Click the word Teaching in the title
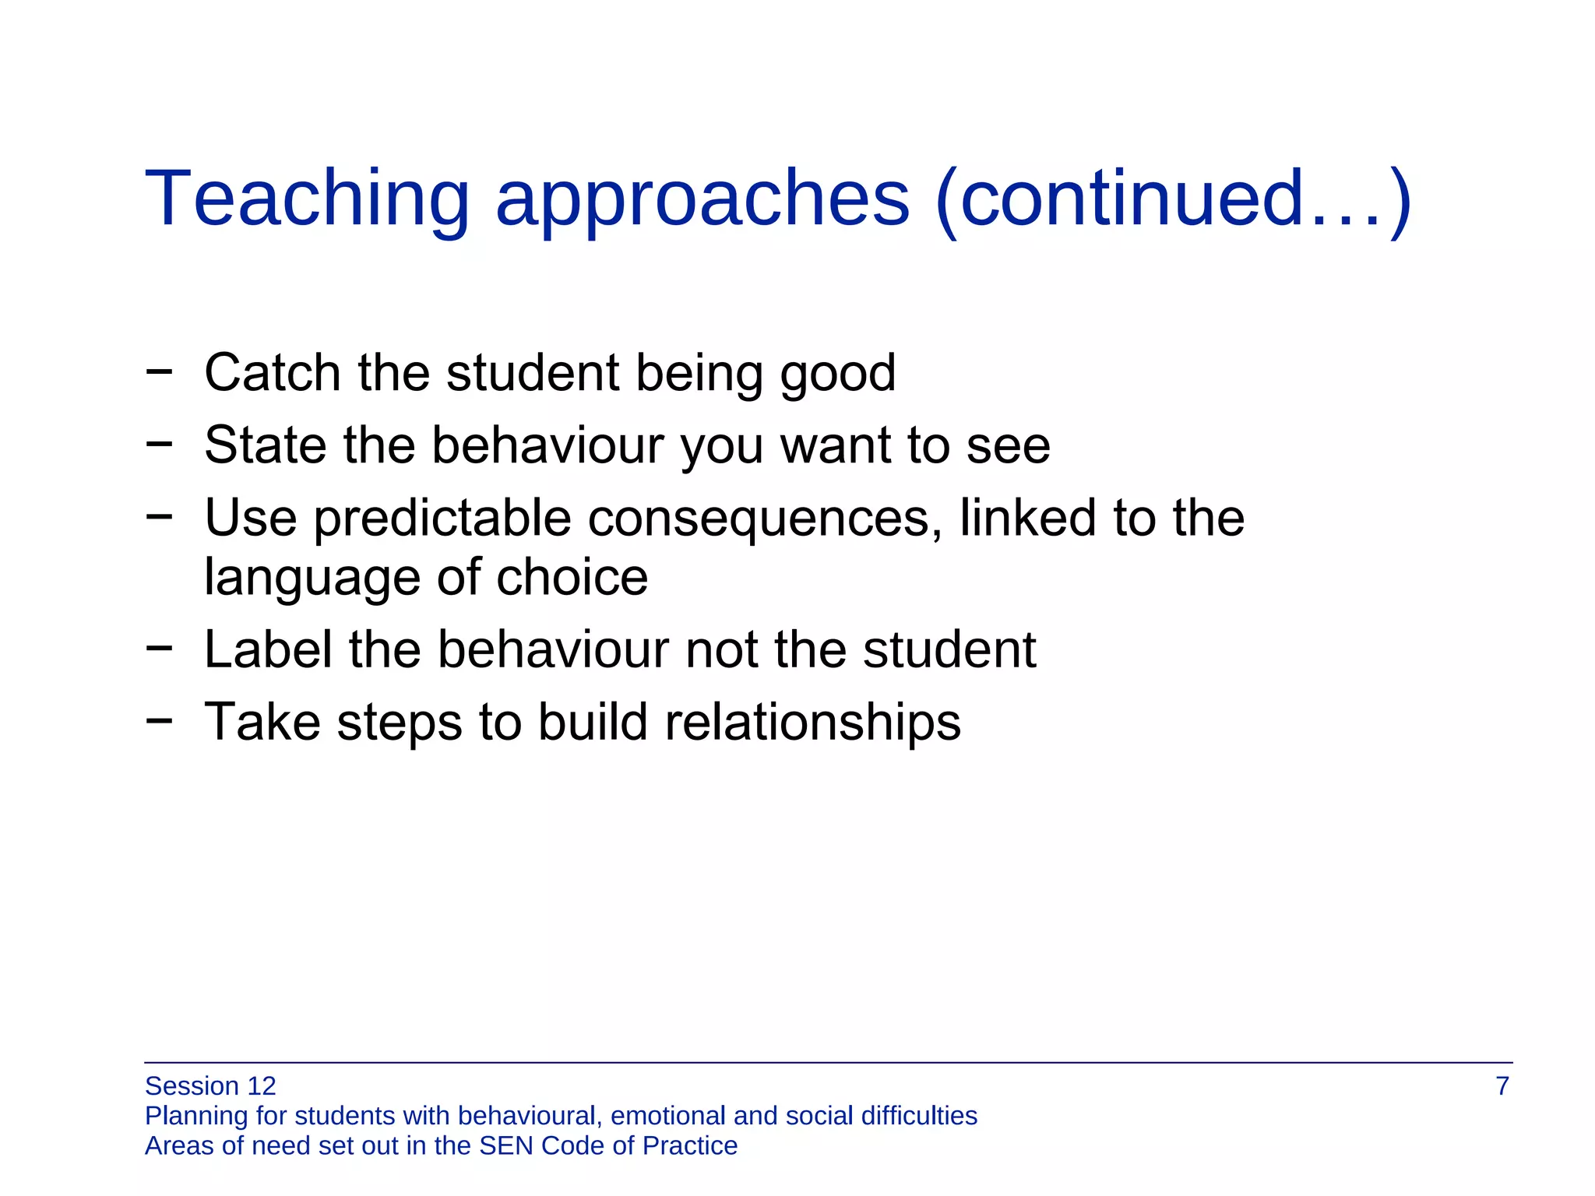[307, 199]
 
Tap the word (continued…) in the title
[1173, 201]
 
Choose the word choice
[572, 577]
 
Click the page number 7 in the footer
[1502, 1085]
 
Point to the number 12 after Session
[261, 1085]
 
